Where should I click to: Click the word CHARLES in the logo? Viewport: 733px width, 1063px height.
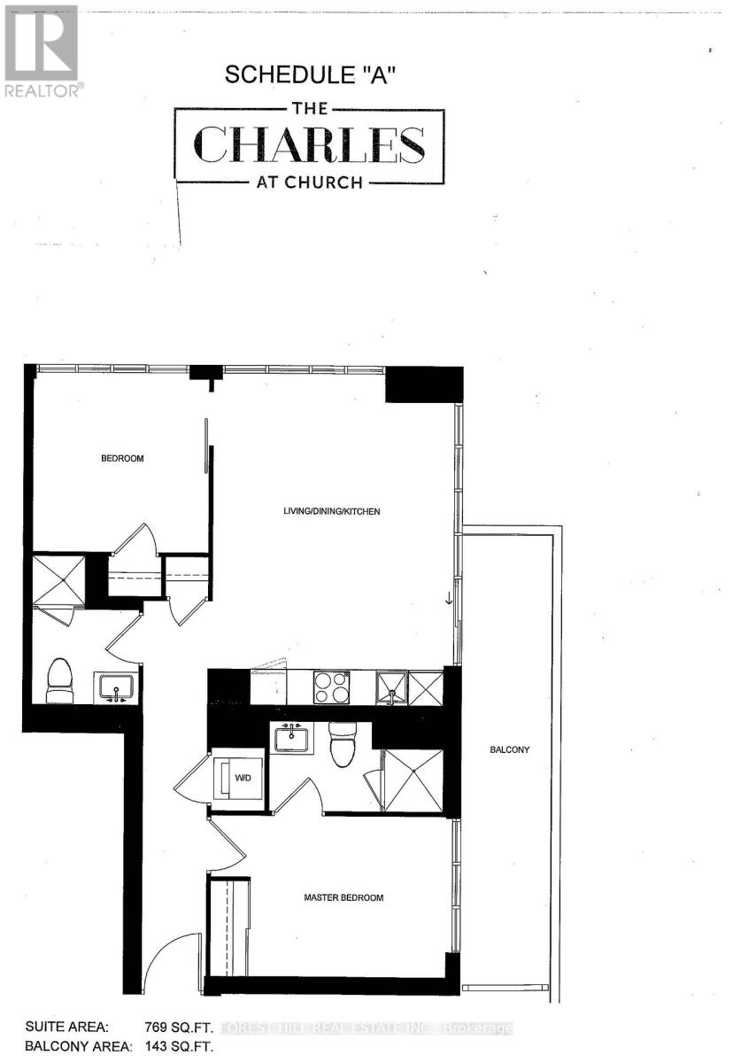point(309,145)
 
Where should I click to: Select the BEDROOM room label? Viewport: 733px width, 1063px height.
point(121,459)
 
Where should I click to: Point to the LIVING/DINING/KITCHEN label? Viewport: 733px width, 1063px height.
point(333,511)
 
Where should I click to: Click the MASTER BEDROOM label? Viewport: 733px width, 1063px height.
point(343,897)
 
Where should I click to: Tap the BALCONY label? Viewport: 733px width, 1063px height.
point(509,750)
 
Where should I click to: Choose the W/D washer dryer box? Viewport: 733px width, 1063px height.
point(239,779)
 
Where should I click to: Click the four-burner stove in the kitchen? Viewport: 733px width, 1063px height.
point(332,687)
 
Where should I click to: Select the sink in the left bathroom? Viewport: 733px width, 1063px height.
point(116,687)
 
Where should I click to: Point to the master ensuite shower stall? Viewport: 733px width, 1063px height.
point(412,780)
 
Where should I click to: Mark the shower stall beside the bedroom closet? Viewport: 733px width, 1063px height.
point(58,578)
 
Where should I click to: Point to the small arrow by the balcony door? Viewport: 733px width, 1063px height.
point(449,599)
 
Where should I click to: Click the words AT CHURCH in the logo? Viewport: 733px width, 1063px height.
point(309,183)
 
